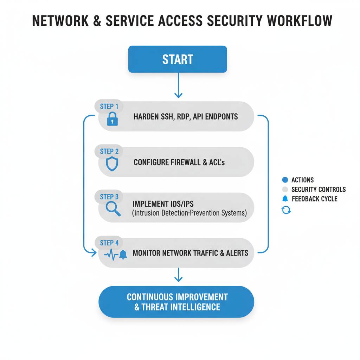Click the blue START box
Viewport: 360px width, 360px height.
click(178, 59)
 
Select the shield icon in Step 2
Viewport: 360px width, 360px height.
click(112, 164)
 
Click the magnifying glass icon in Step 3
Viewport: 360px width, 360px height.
click(113, 208)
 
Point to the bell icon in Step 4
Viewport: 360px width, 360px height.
click(123, 255)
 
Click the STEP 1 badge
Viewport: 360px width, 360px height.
click(109, 107)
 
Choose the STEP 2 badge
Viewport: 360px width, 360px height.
click(109, 152)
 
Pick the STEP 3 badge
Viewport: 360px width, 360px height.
click(109, 197)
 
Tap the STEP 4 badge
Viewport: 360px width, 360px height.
click(109, 243)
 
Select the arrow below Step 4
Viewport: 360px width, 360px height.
click(179, 275)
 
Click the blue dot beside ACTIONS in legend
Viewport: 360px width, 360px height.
click(285, 180)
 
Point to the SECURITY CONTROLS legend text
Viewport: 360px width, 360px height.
click(319, 189)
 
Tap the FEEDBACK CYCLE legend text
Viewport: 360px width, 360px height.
click(314, 199)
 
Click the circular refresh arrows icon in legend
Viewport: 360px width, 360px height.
click(286, 210)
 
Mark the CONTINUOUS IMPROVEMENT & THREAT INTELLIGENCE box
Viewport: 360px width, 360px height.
click(176, 302)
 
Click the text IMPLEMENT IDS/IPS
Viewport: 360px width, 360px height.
click(163, 204)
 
